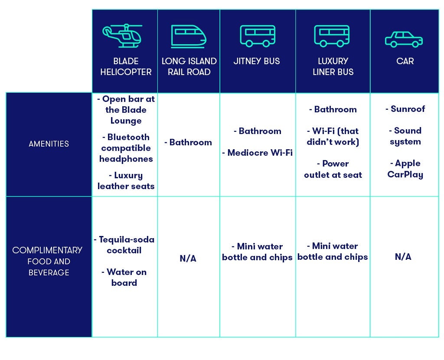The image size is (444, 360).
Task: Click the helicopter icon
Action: coord(122,36)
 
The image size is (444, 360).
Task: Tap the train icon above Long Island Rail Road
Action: coord(189,36)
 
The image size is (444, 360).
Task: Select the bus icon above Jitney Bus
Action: coord(258,36)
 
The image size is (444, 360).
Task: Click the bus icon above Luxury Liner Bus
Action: coord(332,36)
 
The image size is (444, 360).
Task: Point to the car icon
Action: coord(404,39)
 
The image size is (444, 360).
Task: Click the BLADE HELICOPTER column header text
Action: coord(126,66)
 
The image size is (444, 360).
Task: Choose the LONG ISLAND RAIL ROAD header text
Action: coord(189,66)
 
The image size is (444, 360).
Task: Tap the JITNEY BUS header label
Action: coord(257,61)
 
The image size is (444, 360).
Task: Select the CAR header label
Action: coord(405,61)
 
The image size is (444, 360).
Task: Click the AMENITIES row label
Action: coord(49,144)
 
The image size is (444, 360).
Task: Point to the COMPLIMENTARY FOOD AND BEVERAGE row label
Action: coord(48,261)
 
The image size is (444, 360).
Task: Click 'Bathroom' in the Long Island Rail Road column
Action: coord(188,142)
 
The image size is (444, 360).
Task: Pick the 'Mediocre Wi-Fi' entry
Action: coord(258,153)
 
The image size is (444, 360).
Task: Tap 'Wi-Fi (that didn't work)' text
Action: coord(333,136)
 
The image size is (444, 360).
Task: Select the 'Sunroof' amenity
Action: coord(405,109)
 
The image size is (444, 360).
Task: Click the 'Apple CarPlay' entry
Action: coord(405,169)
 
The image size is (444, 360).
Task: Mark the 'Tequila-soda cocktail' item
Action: coord(124,245)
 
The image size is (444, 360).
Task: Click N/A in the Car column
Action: coord(403,257)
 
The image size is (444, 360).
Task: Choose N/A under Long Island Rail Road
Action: coord(188,259)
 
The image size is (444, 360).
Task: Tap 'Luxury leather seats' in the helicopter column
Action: coord(126,181)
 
